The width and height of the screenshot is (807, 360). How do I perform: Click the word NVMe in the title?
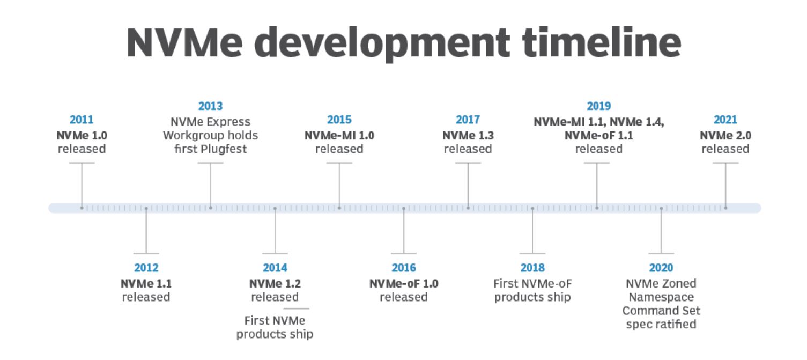[x=185, y=42]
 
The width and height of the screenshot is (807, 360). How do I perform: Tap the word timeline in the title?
[x=602, y=42]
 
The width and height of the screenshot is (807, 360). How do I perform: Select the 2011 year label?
[x=82, y=120]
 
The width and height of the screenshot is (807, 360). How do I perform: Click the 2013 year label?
[x=210, y=106]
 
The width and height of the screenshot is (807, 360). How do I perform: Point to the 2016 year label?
[x=403, y=268]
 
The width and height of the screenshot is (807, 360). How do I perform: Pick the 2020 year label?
[x=661, y=268]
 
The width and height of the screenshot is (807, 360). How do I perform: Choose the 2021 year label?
[x=725, y=120]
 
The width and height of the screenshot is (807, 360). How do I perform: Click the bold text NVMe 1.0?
[x=82, y=136]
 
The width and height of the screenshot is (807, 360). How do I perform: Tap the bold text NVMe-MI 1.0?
[x=339, y=136]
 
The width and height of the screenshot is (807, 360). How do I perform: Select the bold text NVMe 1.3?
[x=468, y=136]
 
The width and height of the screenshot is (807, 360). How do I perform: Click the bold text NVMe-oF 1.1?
[x=598, y=136]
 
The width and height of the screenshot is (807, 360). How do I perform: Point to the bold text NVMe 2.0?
[x=725, y=136]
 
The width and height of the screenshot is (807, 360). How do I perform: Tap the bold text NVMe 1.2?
[x=275, y=284]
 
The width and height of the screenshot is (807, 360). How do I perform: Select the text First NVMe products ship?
[x=275, y=327]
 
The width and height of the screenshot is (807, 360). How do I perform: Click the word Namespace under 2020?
[x=661, y=297]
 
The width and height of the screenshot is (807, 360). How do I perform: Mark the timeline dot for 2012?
[x=146, y=208]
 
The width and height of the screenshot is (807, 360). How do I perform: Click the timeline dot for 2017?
[x=468, y=208]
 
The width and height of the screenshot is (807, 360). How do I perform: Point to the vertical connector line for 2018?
[x=532, y=231]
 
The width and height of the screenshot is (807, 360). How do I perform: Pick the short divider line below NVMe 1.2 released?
[x=296, y=308]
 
